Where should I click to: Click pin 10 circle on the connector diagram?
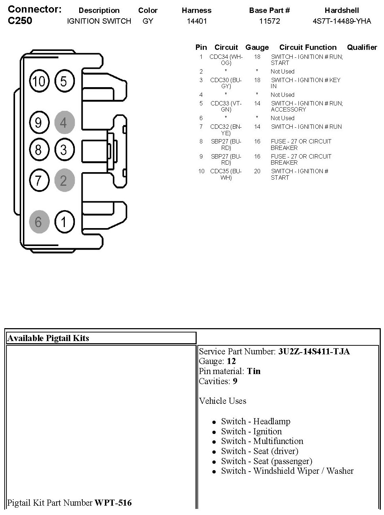39,81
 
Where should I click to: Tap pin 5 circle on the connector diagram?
64,81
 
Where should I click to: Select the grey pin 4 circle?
64,123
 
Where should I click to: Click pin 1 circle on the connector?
64,222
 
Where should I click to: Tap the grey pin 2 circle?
64,180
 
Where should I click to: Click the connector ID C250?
20,20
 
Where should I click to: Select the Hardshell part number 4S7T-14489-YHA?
342,21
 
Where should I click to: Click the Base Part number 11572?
269,21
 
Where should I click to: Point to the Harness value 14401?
197,21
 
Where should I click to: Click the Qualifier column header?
362,47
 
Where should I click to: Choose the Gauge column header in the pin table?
257,47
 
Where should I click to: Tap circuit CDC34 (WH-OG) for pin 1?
226,60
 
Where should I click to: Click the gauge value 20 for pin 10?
257,171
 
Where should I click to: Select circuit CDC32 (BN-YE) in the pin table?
226,129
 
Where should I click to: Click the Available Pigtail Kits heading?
48,338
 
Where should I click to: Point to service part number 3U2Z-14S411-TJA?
314,351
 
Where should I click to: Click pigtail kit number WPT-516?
113,503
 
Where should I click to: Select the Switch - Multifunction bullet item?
262,441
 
